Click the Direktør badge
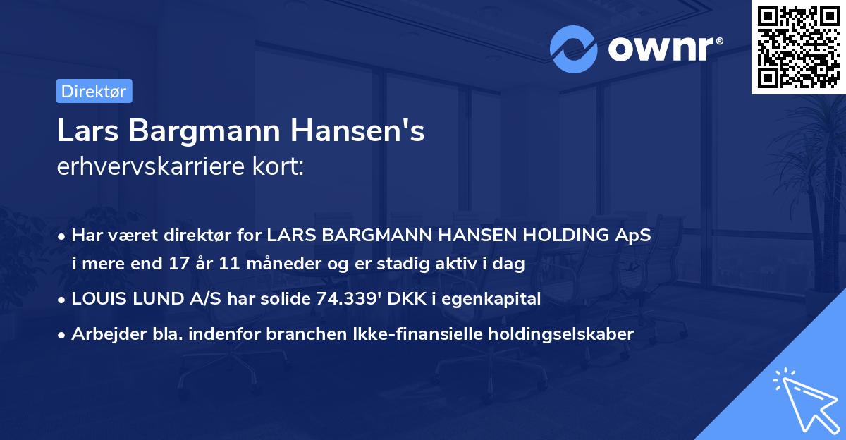pos(94,91)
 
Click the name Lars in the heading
pos(84,132)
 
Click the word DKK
pos(401,298)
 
